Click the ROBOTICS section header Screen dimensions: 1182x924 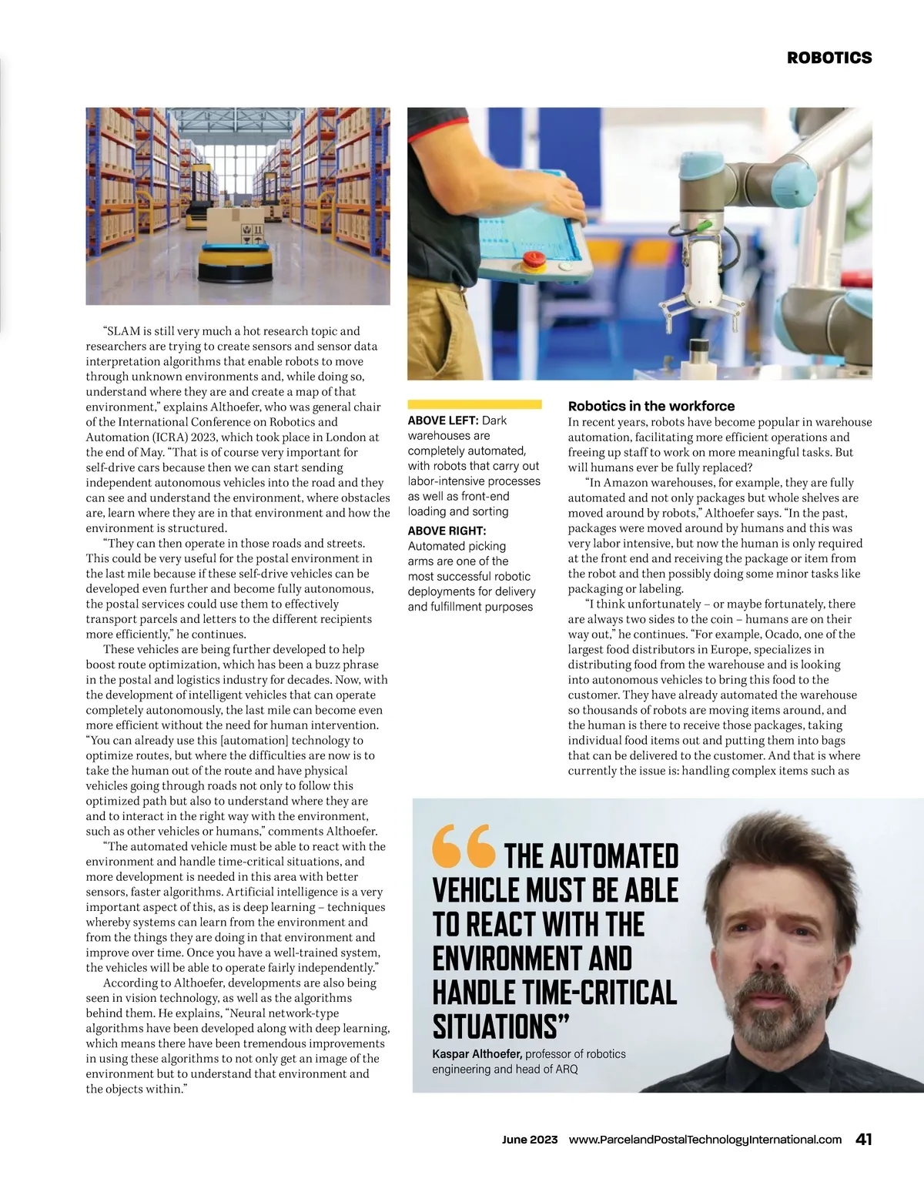click(x=829, y=58)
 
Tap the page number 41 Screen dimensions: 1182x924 click(x=863, y=1140)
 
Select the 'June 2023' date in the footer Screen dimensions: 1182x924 click(x=530, y=1140)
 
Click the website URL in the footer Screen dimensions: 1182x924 click(x=705, y=1140)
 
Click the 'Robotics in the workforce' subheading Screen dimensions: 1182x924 click(x=651, y=406)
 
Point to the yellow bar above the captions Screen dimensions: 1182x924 click(x=474, y=403)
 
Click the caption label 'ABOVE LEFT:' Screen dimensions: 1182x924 click(x=443, y=420)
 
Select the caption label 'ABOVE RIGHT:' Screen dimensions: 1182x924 click(x=447, y=531)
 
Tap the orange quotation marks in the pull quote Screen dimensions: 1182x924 click(x=464, y=845)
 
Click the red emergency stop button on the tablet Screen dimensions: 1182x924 click(x=533, y=259)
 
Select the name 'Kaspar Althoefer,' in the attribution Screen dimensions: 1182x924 click(x=477, y=1054)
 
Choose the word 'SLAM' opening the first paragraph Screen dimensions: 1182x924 click(x=123, y=331)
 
